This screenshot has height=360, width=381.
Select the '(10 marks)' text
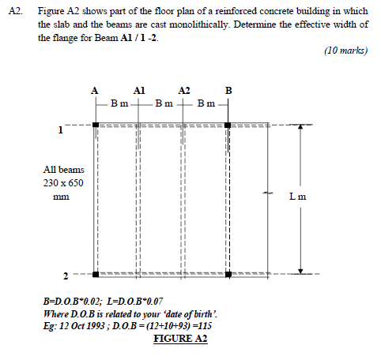coord(345,50)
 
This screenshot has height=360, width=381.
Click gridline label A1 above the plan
coord(139,90)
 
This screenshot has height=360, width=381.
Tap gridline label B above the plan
coord(229,90)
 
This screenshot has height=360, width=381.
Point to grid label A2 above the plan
coord(185,90)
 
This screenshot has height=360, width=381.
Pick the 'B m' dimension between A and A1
coord(119,103)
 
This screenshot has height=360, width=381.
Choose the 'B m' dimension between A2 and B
coord(207,103)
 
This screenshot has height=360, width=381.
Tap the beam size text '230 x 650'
coord(63,183)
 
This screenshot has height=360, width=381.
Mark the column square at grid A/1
coord(95,124)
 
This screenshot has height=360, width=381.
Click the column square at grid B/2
coord(229,275)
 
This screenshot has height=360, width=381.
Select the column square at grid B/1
coord(229,124)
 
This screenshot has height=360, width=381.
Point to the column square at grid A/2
coord(95,275)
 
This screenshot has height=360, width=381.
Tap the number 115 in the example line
coord(206,324)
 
